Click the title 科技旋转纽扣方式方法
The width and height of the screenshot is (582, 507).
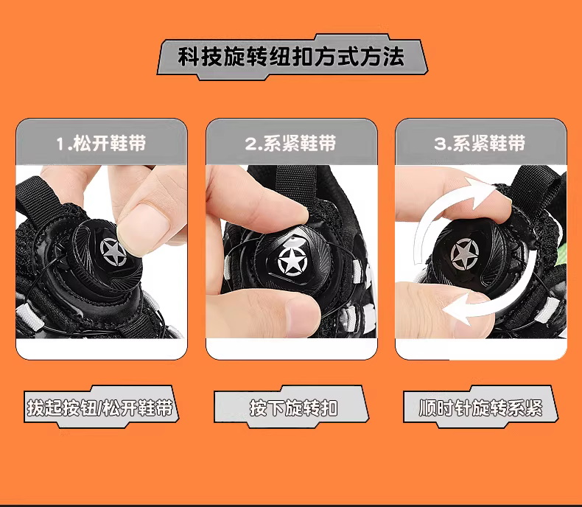point(291,57)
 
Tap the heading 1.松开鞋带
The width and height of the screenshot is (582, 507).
point(101,143)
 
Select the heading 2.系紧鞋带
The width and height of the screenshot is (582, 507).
point(290,143)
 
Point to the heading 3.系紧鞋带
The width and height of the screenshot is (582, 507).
point(480,143)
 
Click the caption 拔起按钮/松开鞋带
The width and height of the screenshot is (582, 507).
point(100,408)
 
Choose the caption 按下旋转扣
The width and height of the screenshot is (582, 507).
point(294,408)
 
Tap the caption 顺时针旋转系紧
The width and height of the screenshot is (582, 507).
point(480,408)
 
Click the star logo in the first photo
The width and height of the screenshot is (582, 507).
point(113,252)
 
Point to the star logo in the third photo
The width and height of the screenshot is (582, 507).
point(465,255)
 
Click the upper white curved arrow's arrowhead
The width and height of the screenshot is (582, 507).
point(480,193)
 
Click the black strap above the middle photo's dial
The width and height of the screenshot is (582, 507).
point(296,183)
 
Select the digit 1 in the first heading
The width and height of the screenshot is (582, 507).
point(60,144)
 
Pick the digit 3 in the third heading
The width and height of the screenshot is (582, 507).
point(439,144)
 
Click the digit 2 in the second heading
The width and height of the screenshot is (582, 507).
point(250,144)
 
